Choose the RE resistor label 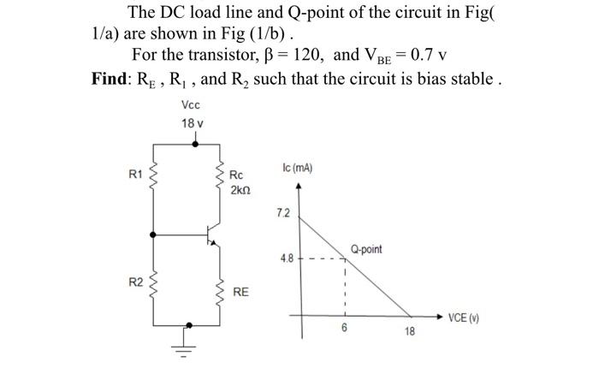(241, 292)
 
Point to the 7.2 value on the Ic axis (282, 211)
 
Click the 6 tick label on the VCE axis (344, 328)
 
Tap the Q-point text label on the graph (366, 249)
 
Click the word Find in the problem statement (111, 80)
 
